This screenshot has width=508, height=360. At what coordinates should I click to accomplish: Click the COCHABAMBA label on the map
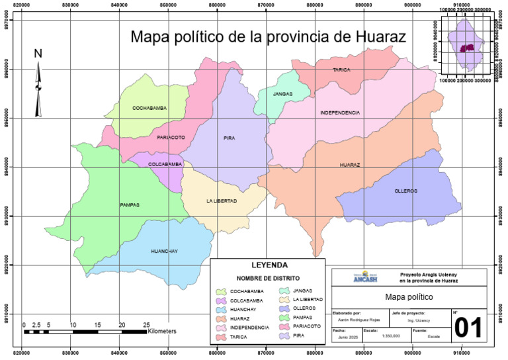tap(149, 107)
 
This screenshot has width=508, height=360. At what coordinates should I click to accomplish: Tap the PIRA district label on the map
tap(229, 138)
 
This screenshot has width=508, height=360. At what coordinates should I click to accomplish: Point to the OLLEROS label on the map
tap(405, 191)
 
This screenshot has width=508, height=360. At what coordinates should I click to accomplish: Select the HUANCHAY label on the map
tap(164, 251)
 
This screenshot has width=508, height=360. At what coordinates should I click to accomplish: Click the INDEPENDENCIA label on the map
tap(340, 112)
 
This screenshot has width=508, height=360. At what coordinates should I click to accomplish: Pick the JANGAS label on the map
tap(282, 94)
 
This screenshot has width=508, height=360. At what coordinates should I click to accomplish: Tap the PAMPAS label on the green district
tap(130, 204)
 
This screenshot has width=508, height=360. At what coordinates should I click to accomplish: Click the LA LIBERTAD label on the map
tap(222, 201)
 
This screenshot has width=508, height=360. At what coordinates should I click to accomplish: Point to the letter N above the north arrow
tap(38, 53)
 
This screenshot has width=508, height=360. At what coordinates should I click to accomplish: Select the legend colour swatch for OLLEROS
tap(282, 309)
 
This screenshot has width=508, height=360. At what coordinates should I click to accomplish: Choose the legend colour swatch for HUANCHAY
tap(222, 309)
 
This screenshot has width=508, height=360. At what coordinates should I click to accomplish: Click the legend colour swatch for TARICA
tap(222, 337)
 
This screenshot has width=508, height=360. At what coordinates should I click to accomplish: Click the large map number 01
tap(468, 328)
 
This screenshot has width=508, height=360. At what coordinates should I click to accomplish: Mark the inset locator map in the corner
tap(466, 47)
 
